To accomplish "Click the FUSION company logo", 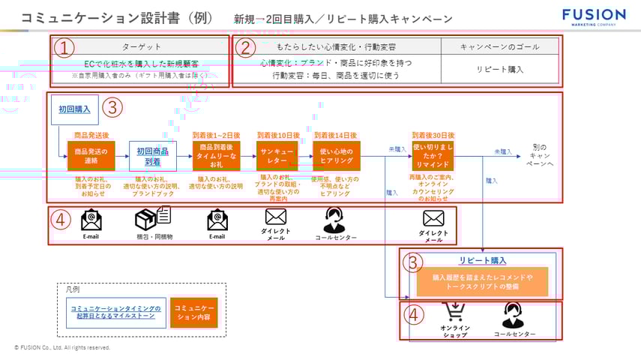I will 594,16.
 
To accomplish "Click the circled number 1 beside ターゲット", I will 66,48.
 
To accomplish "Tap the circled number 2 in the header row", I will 245,48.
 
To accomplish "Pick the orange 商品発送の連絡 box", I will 91,156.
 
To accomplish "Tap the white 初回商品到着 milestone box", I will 152,156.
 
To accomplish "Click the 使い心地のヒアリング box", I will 335,156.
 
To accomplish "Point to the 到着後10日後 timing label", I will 277,135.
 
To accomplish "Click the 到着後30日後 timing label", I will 433,135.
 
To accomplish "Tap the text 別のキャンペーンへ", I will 540,155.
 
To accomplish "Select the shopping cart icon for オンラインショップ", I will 454,312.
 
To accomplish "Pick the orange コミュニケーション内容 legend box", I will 193,312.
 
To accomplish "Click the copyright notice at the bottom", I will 62,348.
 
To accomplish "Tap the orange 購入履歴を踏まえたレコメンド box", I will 482,282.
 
